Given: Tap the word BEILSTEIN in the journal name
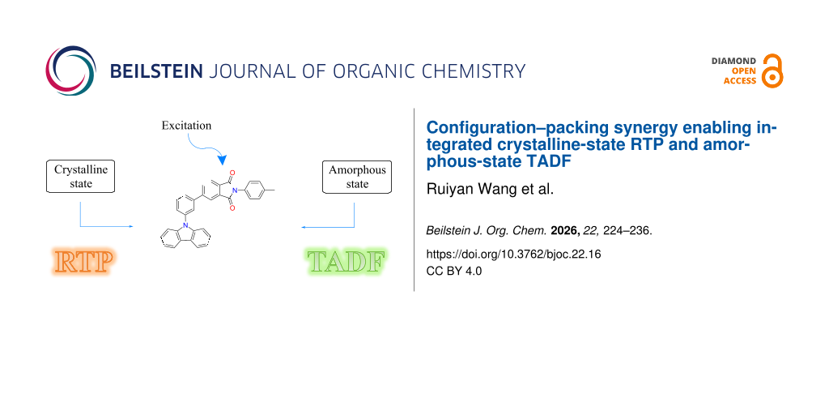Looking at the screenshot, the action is [x=156, y=71].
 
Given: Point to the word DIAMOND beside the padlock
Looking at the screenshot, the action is [x=733, y=61].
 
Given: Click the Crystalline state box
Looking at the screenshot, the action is [x=80, y=176].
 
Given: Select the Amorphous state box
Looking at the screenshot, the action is [x=357, y=177].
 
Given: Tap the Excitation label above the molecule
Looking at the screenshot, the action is [x=187, y=126].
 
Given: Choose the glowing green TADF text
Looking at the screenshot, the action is [x=346, y=261].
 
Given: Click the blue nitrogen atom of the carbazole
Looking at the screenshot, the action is [x=185, y=225].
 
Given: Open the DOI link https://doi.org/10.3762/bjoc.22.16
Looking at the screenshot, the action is [x=514, y=254].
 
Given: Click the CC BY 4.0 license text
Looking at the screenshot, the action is [x=454, y=271].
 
